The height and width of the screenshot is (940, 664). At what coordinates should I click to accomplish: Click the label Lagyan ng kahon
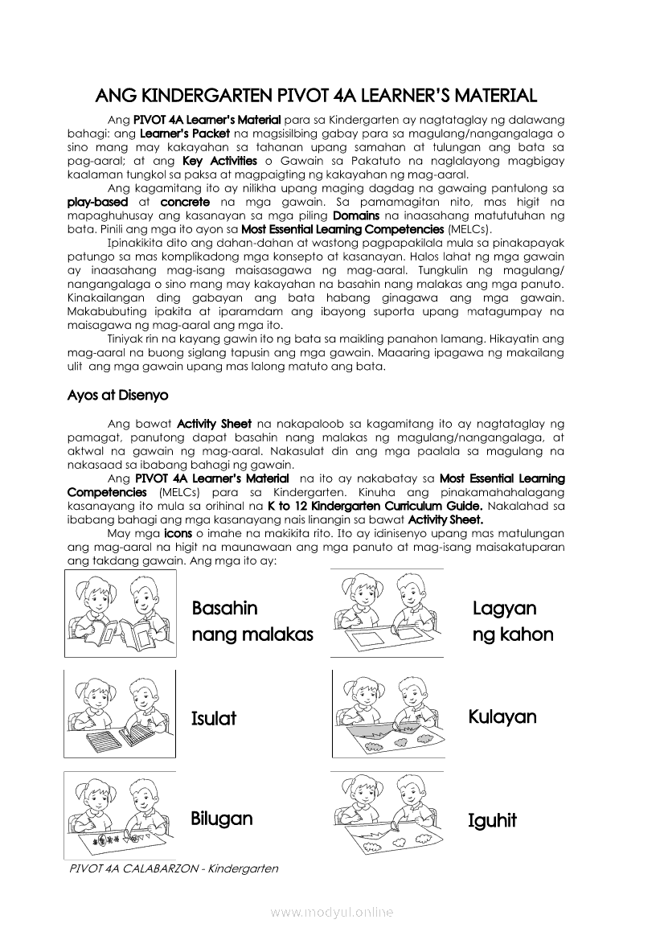513,622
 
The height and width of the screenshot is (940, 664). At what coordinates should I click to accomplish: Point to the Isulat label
214,718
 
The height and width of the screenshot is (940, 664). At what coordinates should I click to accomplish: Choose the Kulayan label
502,716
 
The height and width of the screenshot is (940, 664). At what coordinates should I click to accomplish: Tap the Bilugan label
222,819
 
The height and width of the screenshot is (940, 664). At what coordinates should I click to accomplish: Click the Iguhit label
492,821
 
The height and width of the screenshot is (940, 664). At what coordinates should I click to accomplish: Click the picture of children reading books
121,614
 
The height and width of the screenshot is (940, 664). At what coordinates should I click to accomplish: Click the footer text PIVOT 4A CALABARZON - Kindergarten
174,869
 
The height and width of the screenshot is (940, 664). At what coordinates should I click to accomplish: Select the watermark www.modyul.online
332,912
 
